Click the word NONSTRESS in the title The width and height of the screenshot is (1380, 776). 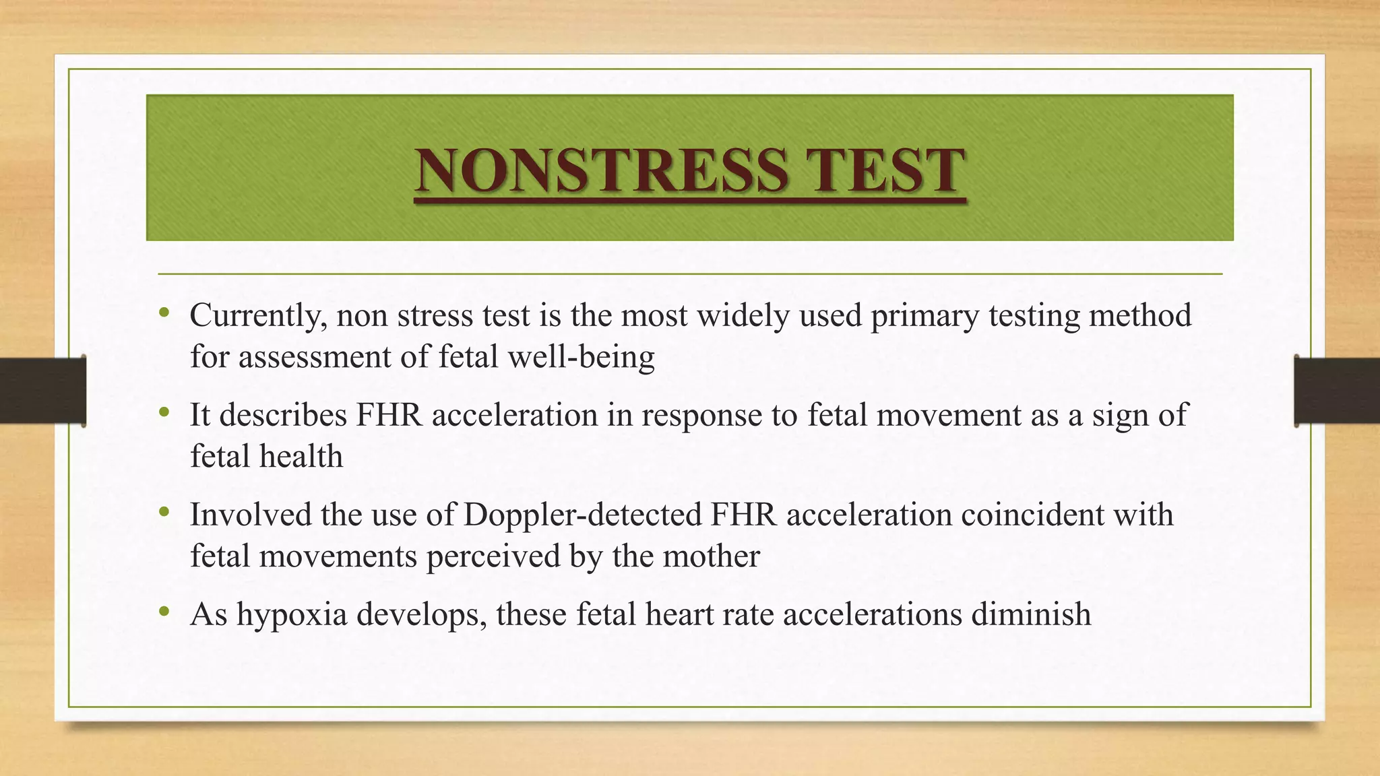point(600,170)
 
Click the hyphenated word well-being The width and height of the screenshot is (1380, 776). point(581,357)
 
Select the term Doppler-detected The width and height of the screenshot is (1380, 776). point(582,515)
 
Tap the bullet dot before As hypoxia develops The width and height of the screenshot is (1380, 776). point(164,612)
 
